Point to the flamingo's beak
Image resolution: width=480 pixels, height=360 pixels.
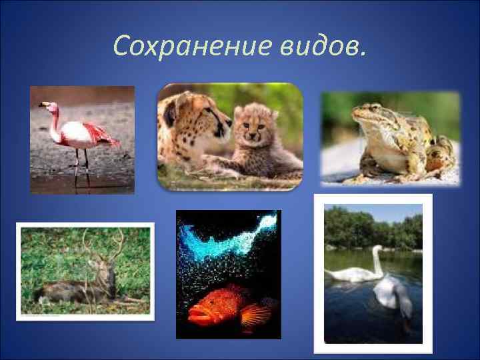pyautogui.click(x=43, y=106)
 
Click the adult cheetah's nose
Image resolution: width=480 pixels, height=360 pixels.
pyautogui.click(x=227, y=121)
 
